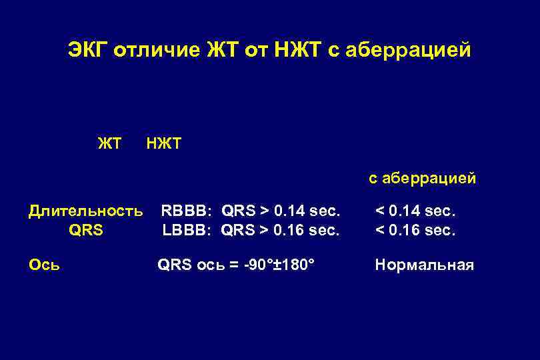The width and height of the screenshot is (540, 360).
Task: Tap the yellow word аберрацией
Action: point(429,179)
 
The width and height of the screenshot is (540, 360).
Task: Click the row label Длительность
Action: point(85,212)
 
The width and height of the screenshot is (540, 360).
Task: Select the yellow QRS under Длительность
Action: point(85,231)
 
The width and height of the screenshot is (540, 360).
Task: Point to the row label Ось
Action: point(44,265)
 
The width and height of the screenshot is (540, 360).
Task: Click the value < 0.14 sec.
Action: point(415,212)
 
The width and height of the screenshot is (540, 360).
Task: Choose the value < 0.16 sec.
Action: point(415,231)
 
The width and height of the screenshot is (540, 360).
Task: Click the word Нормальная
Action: point(424,265)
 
